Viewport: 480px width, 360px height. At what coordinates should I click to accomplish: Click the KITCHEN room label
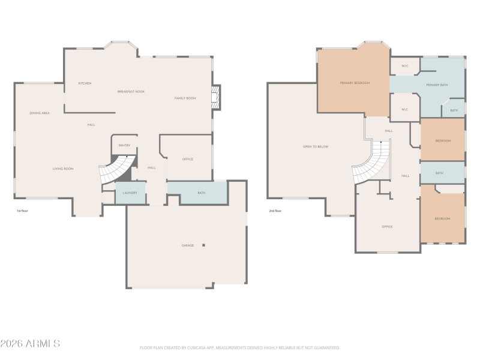coord(85,83)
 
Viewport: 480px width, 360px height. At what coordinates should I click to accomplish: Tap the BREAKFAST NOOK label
coord(131,91)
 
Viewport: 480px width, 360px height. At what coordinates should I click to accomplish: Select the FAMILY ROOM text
coord(185,98)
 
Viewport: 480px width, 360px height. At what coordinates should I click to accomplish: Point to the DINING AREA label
coord(40,113)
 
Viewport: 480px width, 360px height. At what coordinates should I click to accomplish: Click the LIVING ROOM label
coord(62,169)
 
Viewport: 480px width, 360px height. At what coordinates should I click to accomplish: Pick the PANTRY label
coord(124,145)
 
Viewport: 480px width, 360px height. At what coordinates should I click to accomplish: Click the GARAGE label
coord(188,245)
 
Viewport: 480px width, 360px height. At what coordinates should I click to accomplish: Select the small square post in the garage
coord(204,245)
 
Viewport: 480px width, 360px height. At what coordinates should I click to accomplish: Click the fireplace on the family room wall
coord(217,98)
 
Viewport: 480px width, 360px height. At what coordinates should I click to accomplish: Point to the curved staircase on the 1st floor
coord(115,169)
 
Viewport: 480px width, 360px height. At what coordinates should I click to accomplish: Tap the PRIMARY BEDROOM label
coord(355,83)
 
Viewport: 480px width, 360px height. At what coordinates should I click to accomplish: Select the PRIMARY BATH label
coord(437,85)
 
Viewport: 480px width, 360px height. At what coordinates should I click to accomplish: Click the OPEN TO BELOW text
coord(316,146)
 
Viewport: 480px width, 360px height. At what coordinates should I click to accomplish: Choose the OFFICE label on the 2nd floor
coord(387,227)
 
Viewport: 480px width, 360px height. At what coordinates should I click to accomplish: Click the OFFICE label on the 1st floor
coord(187,159)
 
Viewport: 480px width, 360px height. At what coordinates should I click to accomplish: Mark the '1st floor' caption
coord(23,211)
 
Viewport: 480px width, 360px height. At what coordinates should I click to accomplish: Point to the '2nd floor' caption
coord(275,211)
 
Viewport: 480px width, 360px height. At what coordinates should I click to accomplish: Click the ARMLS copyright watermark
coord(30,344)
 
